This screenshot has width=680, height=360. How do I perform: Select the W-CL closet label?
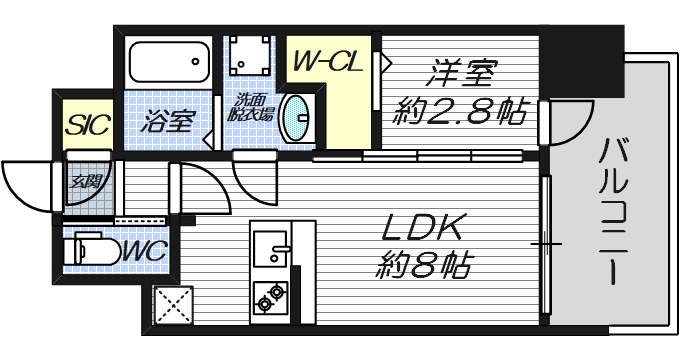[326, 63]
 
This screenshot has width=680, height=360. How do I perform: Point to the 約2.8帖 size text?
[463, 113]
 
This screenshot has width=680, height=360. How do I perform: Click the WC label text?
[145, 250]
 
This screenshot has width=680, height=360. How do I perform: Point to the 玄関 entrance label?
[85, 182]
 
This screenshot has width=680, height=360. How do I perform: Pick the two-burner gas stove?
[271, 295]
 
